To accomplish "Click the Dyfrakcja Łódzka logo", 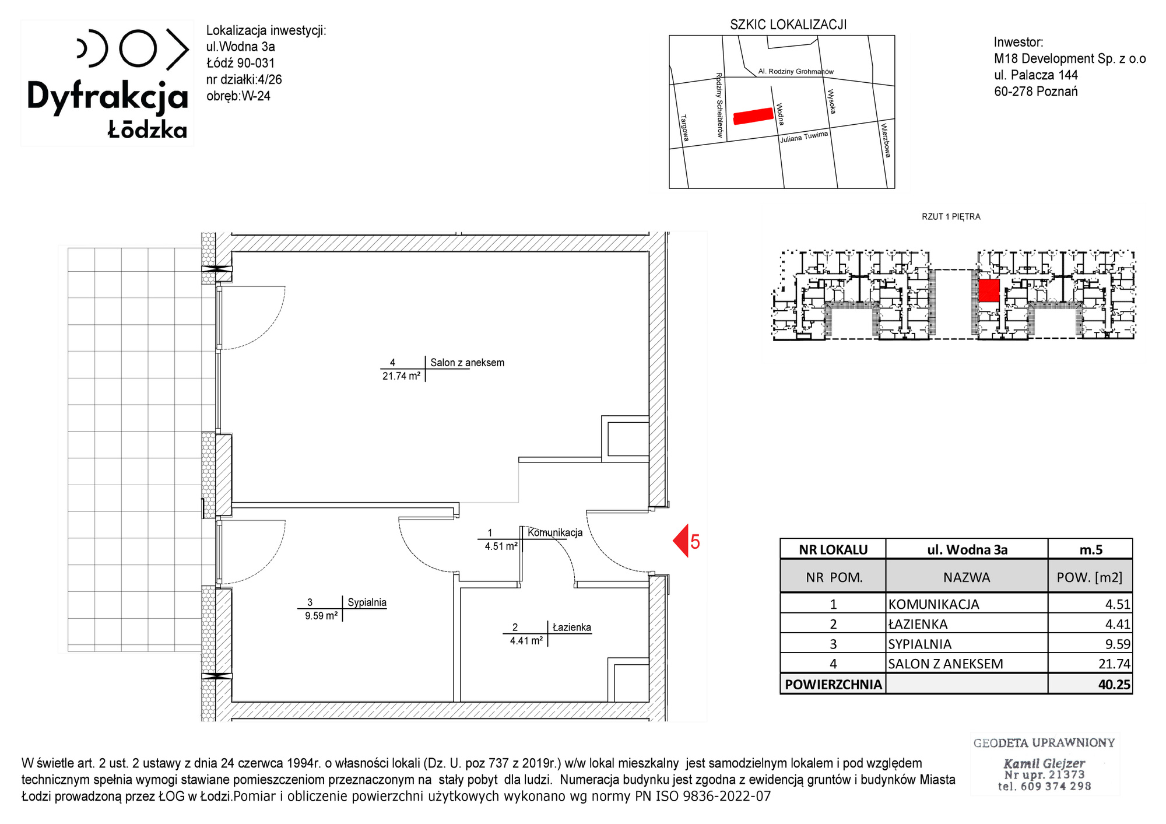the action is pos(108,83).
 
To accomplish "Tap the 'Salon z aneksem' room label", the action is pos(467,363).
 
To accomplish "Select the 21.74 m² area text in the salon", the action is pos(401,377).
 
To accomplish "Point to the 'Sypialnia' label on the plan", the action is pos(367,602).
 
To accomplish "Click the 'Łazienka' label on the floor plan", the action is pos(571,627).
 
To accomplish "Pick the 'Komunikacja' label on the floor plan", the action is pos(555,532).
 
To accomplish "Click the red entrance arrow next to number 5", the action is pos(680,541).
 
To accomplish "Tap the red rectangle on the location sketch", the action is pos(753,116).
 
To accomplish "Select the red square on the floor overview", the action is pos(989,290).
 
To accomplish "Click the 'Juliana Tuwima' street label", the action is pos(804,137).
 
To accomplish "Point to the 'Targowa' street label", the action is pos(685,128).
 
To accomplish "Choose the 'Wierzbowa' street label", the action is pos(886,140).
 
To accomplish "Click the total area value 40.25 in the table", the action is pos(1114,685).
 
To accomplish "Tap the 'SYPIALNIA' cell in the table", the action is pos(919,644).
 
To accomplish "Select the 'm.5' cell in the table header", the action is pos(1091,549).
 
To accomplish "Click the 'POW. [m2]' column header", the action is pos(1089,577).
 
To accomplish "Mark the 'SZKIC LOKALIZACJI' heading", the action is pos(788,24).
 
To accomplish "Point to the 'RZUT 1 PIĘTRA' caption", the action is pos(951,216).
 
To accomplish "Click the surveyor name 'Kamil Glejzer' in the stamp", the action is pos(1044,763).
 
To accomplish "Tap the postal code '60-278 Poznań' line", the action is pos(1036,92).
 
